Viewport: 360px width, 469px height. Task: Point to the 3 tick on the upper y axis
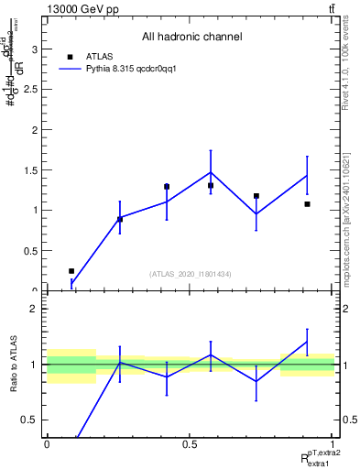pyautogui.click(x=36, y=49)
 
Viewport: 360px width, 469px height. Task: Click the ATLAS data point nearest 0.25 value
pyautogui.click(x=71, y=271)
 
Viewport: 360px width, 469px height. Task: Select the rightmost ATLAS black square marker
pyautogui.click(x=307, y=204)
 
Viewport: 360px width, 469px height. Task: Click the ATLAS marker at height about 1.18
pyautogui.click(x=256, y=196)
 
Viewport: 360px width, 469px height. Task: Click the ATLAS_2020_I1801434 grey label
pyautogui.click(x=191, y=274)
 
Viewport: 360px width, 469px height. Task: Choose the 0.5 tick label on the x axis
pyautogui.click(x=190, y=443)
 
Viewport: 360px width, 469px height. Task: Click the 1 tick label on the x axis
pyautogui.click(x=333, y=443)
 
